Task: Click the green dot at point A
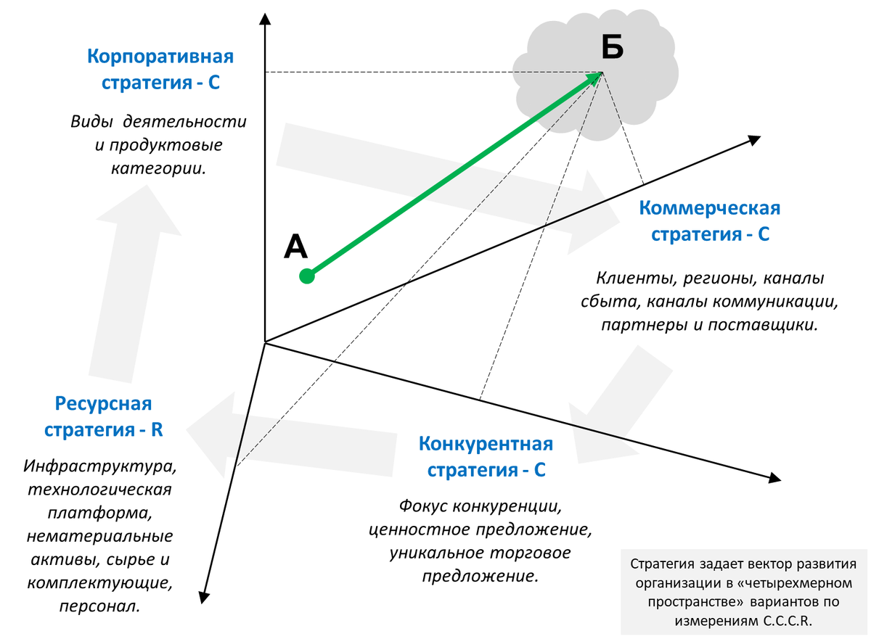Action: (x=307, y=276)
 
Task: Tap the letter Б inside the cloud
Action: (x=613, y=47)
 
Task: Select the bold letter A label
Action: (x=296, y=247)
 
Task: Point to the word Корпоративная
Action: (x=160, y=57)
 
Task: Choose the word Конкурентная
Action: (x=486, y=444)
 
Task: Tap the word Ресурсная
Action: (x=103, y=403)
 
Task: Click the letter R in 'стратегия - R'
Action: (x=157, y=429)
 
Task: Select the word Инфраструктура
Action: (x=100, y=463)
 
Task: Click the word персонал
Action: (x=100, y=606)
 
